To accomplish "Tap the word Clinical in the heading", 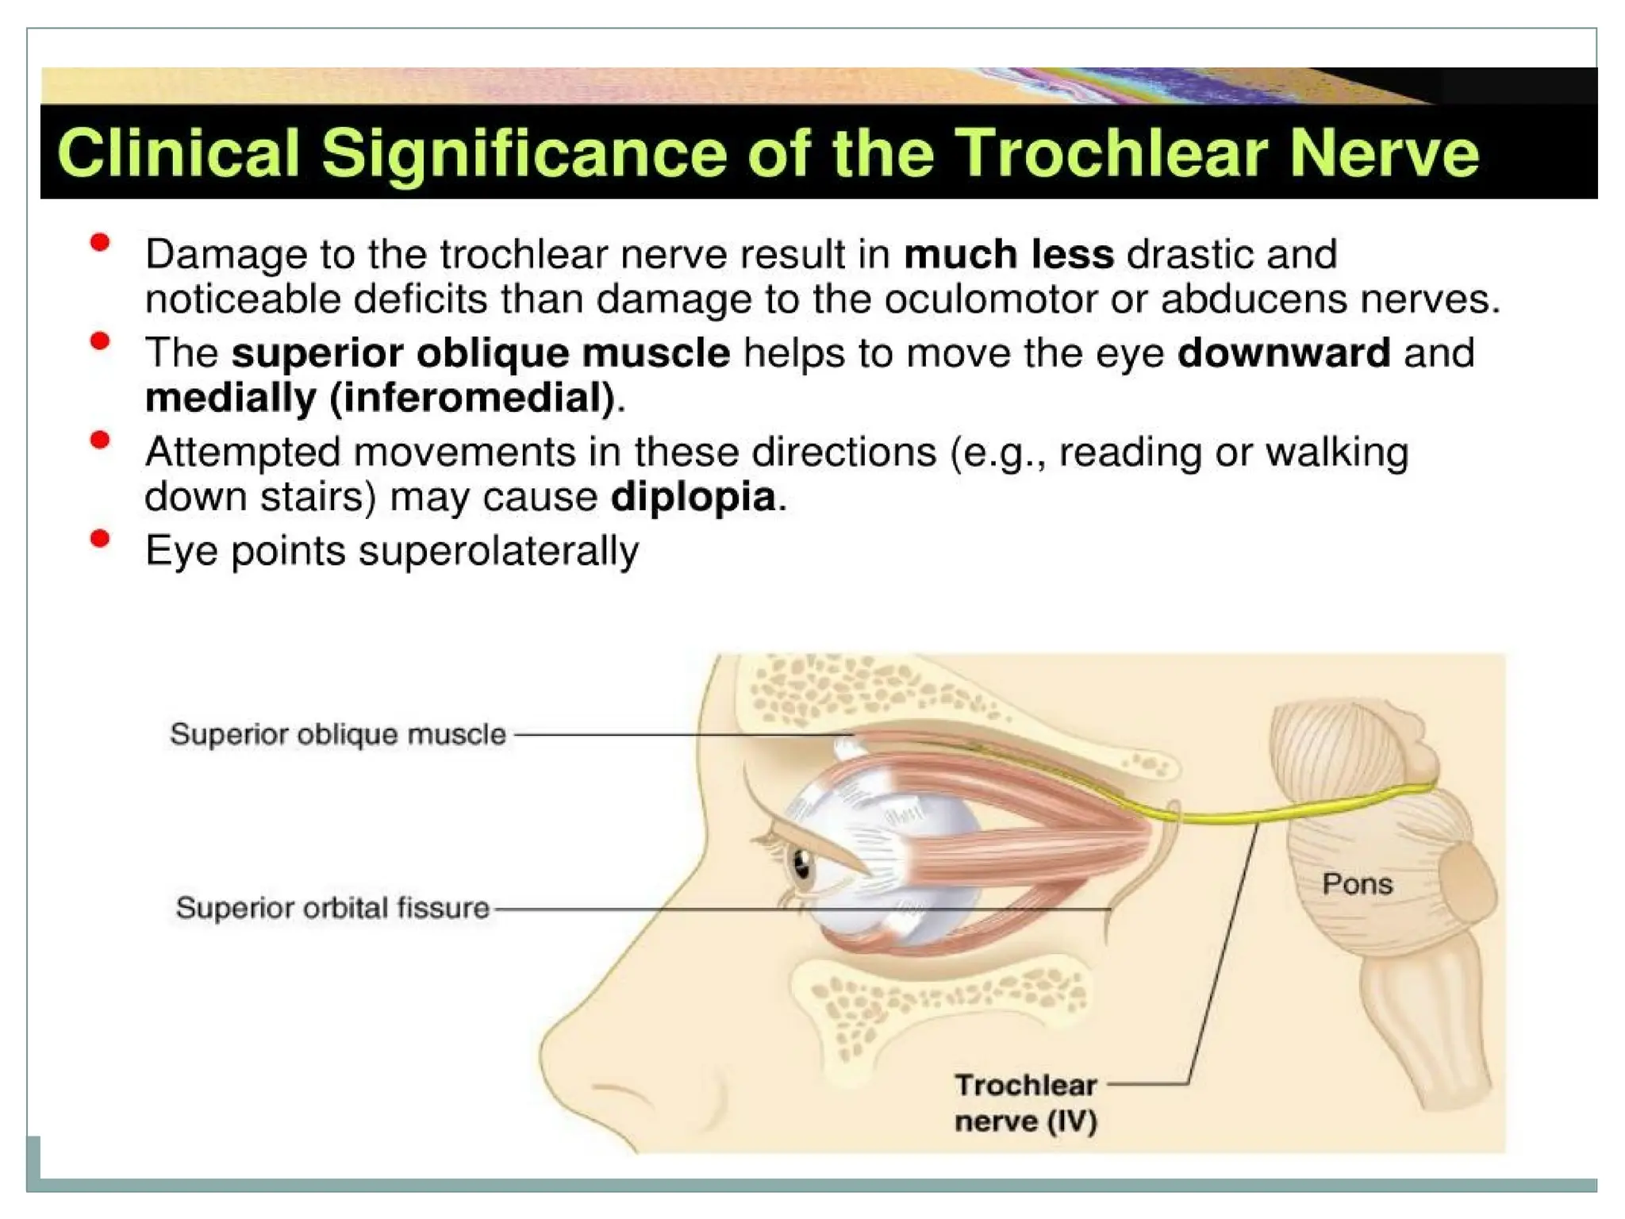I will [179, 152].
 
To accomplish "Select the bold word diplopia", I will [693, 498].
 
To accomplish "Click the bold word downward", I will [1284, 352].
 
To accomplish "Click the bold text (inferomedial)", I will [473, 398].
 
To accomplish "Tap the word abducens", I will [1254, 299].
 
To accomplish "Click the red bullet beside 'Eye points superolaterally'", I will [100, 540].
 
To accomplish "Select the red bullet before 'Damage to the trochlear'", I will [100, 243].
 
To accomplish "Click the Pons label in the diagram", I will [1357, 884].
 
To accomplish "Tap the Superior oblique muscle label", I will [338, 734].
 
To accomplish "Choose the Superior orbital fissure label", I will [332, 908].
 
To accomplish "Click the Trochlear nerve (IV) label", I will [1025, 1102].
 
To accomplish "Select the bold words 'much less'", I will [1008, 255].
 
